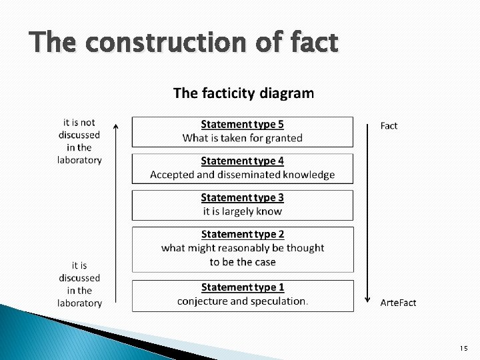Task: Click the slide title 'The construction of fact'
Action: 184,43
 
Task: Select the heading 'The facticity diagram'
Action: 243,93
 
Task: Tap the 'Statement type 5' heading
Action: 243,124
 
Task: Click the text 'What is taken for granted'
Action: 243,138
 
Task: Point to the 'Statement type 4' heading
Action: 243,161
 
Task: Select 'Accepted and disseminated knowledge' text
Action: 243,175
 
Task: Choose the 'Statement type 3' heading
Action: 243,197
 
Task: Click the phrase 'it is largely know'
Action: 243,211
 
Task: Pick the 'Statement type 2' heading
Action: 243,234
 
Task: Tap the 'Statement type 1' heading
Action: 243,287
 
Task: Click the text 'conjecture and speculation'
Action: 241,301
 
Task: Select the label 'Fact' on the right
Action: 389,125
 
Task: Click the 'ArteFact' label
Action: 398,303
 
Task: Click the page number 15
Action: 463,349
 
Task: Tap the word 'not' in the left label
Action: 88,122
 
